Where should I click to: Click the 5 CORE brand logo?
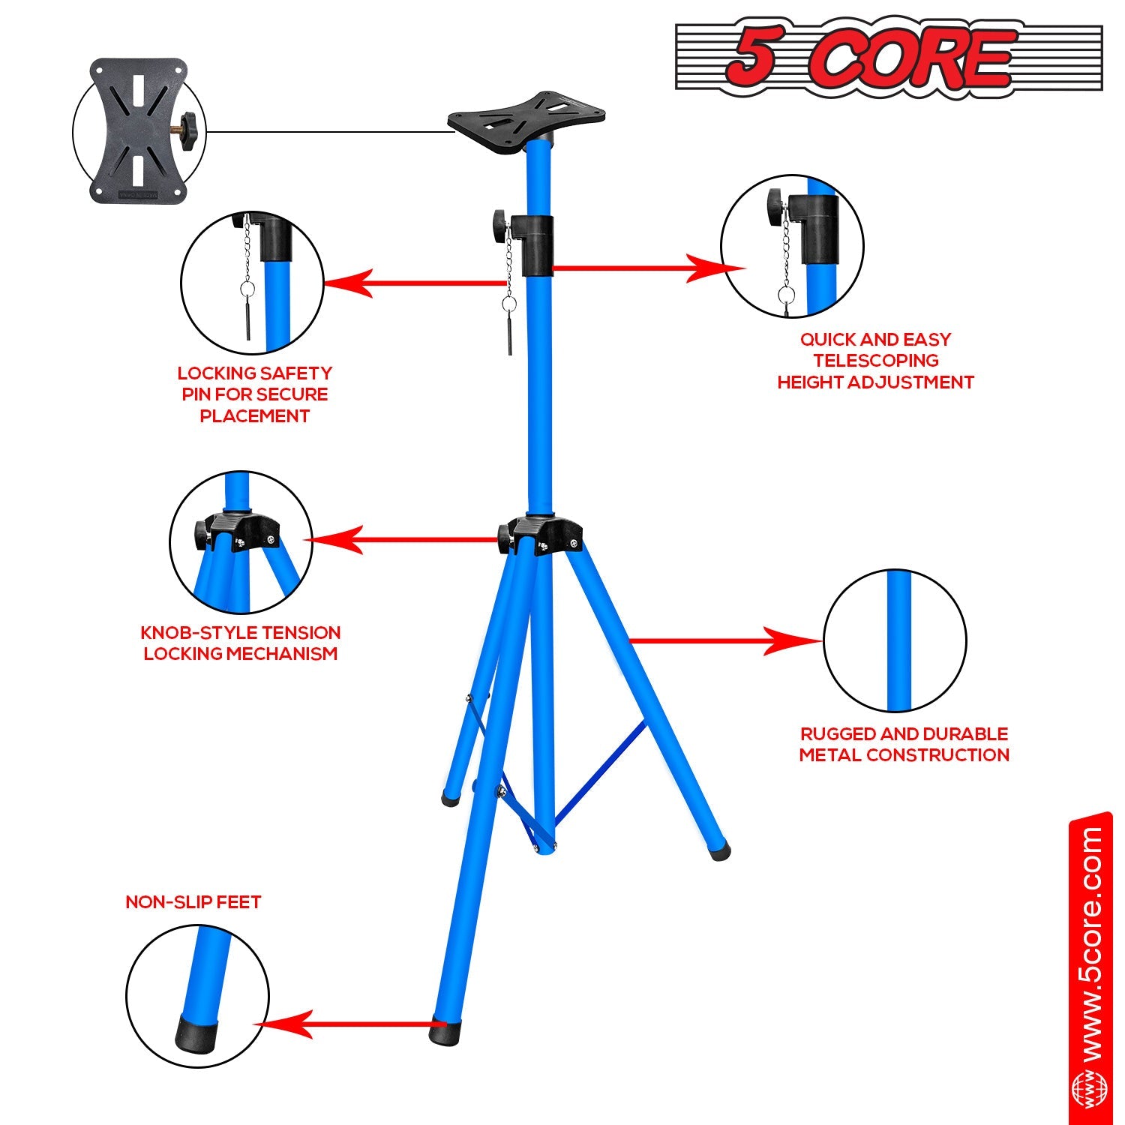(x=889, y=57)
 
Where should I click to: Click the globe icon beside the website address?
(x=1089, y=1091)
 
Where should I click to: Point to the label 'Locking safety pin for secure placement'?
(x=254, y=394)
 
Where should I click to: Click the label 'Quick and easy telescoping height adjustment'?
(x=875, y=361)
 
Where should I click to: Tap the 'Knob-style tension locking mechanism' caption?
(x=241, y=643)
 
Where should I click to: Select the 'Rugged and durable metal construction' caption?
(x=904, y=744)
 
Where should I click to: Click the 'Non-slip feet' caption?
(x=193, y=901)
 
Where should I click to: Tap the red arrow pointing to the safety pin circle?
(x=412, y=283)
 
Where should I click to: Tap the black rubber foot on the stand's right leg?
(x=720, y=851)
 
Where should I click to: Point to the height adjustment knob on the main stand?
(x=499, y=223)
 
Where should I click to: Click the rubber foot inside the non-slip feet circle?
(x=198, y=1033)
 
